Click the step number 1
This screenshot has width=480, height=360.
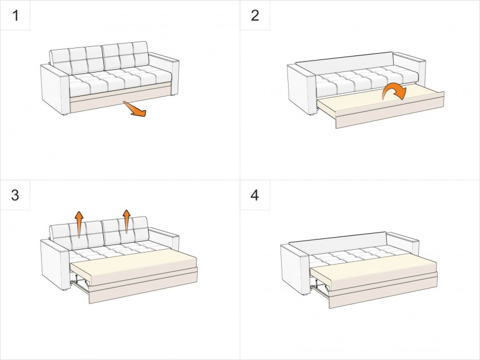[x=15, y=15]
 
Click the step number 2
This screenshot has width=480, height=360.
[x=255, y=15]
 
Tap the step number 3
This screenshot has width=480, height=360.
[x=15, y=195]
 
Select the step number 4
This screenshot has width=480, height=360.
[x=255, y=195]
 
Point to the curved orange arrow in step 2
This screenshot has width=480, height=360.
[x=394, y=91]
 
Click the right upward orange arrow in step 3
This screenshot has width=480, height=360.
[x=126, y=222]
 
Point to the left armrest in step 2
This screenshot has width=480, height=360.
[x=302, y=89]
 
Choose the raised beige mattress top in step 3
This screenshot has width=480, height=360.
[x=134, y=263]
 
